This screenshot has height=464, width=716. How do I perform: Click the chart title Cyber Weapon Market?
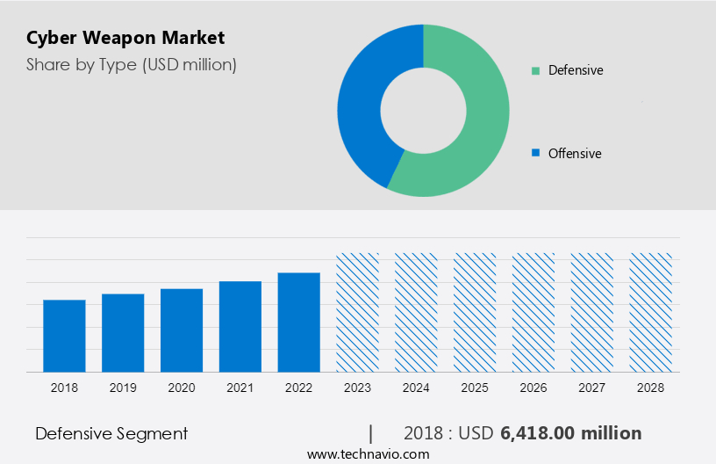[x=125, y=38]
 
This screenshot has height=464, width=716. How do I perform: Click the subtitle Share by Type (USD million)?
[x=132, y=64]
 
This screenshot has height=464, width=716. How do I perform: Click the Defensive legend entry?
[x=575, y=70]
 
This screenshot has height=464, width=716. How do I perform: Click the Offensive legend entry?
[x=574, y=154]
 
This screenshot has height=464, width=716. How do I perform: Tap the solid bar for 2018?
[x=64, y=336]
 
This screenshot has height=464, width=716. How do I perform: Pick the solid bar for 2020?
[x=182, y=330]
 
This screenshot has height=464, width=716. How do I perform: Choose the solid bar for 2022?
[x=299, y=322]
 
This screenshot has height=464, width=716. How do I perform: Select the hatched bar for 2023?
[x=358, y=312]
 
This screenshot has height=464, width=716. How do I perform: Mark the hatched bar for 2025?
[x=475, y=312]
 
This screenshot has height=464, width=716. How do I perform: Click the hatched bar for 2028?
[x=651, y=312]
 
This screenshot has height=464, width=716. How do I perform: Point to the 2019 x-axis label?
[x=123, y=388]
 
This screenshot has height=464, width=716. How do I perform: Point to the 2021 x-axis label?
[x=240, y=388]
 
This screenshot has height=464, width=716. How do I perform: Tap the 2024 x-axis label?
[x=416, y=388]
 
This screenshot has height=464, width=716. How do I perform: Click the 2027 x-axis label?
[x=592, y=388]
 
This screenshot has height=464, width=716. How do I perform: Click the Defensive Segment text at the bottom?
[x=111, y=433]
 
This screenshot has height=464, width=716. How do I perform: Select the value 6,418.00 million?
[x=570, y=433]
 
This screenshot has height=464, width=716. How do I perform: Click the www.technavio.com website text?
[x=368, y=454]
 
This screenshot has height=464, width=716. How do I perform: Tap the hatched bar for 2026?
[x=533, y=312]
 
